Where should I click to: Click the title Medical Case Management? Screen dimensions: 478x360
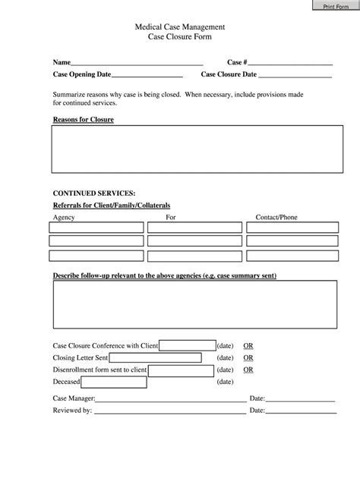pyautogui.click(x=180, y=27)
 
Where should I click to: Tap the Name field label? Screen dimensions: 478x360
pyautogui.click(x=61, y=62)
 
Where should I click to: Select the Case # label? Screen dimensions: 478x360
pyautogui.click(x=236, y=62)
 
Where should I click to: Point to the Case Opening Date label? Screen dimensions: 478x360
pyautogui.click(x=82, y=74)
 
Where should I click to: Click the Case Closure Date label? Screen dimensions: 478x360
pyautogui.click(x=229, y=74)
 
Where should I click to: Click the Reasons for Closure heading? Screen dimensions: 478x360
pyautogui.click(x=83, y=120)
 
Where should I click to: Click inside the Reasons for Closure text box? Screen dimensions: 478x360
pyautogui.click(x=194, y=149)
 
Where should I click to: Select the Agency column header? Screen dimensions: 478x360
pyautogui.click(x=63, y=217)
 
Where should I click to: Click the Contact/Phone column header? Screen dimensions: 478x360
pyautogui.click(x=276, y=217)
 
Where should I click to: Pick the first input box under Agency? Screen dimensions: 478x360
pyautogui.click(x=96, y=227)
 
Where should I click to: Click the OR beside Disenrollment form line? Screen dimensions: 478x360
pyautogui.click(x=248, y=370)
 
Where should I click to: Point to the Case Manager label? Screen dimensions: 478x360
pyautogui.click(x=74, y=398)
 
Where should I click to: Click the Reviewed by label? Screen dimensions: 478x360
pyautogui.click(x=72, y=410)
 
